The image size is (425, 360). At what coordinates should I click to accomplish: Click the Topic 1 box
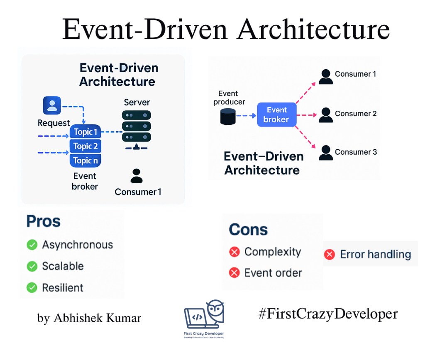pyautogui.click(x=85, y=132)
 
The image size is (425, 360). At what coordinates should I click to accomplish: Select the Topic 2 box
pyautogui.click(x=85, y=146)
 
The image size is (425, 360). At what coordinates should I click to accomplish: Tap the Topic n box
pyautogui.click(x=85, y=161)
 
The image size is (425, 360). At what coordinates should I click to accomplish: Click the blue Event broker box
pyautogui.click(x=276, y=114)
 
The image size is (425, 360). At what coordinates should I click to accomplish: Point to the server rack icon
pyautogui.click(x=137, y=126)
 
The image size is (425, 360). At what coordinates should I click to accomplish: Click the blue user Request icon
pyautogui.click(x=52, y=105)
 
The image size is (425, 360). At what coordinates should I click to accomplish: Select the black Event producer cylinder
pyautogui.click(x=227, y=117)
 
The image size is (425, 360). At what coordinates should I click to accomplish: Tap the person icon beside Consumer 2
pyautogui.click(x=326, y=115)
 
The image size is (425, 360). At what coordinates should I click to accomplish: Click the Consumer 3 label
pyautogui.click(x=356, y=152)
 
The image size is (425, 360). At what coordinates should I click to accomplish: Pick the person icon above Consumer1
pyautogui.click(x=136, y=176)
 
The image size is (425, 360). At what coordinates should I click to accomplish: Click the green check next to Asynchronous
pyautogui.click(x=32, y=245)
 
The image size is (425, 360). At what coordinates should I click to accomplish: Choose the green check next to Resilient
pyautogui.click(x=32, y=287)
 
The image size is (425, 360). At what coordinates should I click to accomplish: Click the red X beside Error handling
pyautogui.click(x=330, y=255)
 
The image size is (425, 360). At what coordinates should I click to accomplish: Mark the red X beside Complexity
pyautogui.click(x=234, y=252)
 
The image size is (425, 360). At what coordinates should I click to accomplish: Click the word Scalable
pyautogui.click(x=63, y=266)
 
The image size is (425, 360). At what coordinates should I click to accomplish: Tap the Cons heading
pyautogui.click(x=248, y=229)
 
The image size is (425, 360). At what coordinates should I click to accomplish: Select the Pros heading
pyautogui.click(x=43, y=221)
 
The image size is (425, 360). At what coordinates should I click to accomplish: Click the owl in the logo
pyautogui.click(x=215, y=310)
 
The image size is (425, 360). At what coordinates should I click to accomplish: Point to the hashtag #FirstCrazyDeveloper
pyautogui.click(x=327, y=314)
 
